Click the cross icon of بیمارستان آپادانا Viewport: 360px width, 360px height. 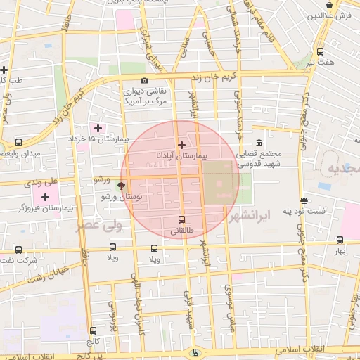pyautogui.click(x=182, y=144)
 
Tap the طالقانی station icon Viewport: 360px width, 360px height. pyautogui.click(x=182, y=219)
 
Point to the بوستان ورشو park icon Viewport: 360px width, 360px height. pyautogui.click(x=122, y=186)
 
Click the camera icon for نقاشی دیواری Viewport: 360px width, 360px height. pyautogui.click(x=145, y=80)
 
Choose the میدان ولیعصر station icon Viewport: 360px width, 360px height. pyautogui.click(x=18, y=142)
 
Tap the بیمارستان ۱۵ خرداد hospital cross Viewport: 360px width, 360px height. pyautogui.click(x=98, y=128)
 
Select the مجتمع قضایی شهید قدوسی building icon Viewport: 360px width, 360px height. pyautogui.click(x=259, y=143)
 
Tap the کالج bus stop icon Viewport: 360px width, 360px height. pyautogui.click(x=93, y=330)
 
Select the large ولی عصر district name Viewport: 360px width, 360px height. pyautogui.click(x=99, y=226)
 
